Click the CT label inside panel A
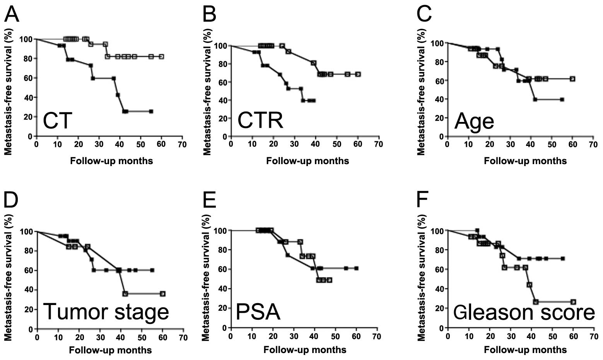[58, 120]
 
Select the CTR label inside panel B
[260, 120]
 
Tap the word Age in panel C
[474, 121]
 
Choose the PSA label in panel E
[258, 312]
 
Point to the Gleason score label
[524, 312]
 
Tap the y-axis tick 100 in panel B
[220, 46]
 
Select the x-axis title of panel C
[525, 161]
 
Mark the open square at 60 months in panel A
[161, 57]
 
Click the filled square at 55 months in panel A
[151, 111]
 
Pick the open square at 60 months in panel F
[573, 302]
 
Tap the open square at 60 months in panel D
[162, 294]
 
